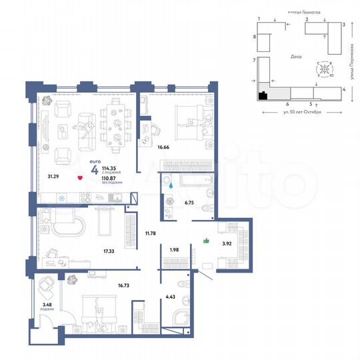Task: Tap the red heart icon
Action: click(x=80, y=178)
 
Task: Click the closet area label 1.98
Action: click(x=174, y=249)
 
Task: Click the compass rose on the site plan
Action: click(x=323, y=68)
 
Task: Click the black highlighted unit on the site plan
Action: click(x=263, y=95)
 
